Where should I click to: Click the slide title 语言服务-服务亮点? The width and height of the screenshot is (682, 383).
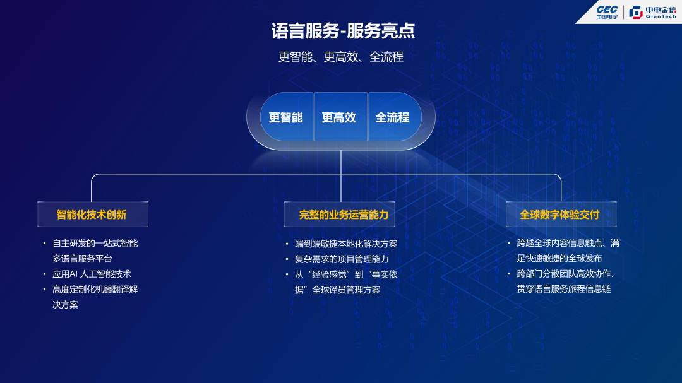(x=343, y=31)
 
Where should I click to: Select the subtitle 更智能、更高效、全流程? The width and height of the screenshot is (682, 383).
(x=340, y=57)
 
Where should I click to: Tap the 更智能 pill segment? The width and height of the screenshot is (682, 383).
(x=286, y=117)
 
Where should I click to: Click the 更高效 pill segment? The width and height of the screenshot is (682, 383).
(x=340, y=117)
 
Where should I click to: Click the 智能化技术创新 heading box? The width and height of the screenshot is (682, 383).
(x=93, y=215)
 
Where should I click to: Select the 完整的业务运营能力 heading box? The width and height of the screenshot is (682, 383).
(x=339, y=215)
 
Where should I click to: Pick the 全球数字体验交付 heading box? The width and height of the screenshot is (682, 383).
(x=561, y=215)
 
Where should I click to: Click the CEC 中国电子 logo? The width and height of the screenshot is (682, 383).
(x=607, y=12)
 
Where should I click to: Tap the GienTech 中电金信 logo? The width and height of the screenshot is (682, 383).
(x=652, y=12)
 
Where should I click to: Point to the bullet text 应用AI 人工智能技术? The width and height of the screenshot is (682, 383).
(x=92, y=274)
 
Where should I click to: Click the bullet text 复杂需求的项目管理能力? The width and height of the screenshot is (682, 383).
(x=342, y=259)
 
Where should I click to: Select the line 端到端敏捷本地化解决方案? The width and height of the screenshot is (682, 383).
(x=346, y=244)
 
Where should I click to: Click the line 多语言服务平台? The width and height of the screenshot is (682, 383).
(x=82, y=259)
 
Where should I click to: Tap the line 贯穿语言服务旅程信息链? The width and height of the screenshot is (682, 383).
(x=564, y=288)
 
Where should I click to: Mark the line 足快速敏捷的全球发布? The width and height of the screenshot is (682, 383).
(x=559, y=258)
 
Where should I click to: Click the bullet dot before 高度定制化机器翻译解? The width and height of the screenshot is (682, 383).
(x=44, y=289)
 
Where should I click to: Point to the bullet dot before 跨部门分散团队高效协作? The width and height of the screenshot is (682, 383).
(x=508, y=273)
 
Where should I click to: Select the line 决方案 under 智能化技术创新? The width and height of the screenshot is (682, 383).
(x=65, y=305)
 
